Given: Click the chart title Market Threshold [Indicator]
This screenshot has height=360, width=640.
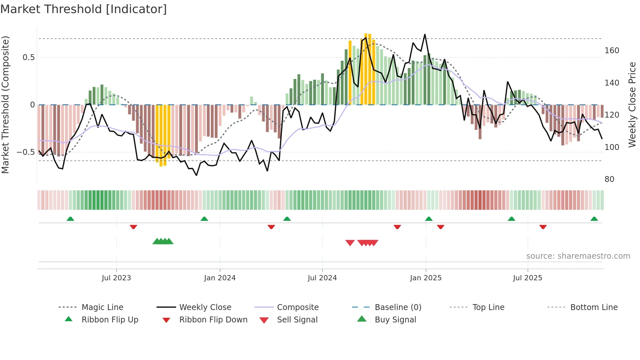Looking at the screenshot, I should coord(84,9).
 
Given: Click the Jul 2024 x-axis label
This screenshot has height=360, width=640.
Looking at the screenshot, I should coord(322,278).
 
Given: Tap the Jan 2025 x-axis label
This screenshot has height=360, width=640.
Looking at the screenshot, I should coord(425,278).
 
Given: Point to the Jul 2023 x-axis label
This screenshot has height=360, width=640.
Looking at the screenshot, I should coord(116,278).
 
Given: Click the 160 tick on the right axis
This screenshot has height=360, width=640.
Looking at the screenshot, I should coord(612,51).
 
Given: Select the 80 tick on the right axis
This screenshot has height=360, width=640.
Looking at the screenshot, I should coord(609,179).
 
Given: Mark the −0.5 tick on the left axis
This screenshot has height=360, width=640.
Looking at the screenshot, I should coord(25,152).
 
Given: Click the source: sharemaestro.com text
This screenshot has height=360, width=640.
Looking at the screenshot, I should coord(578,256).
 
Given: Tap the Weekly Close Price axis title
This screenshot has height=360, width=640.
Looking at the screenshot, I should coord(632,105).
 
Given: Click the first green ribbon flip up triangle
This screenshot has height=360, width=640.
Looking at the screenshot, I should coord(70,219).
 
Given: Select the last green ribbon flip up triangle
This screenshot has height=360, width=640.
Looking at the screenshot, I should coord(594,219).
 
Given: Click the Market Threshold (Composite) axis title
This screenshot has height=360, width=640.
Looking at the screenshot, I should coord(6,105).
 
